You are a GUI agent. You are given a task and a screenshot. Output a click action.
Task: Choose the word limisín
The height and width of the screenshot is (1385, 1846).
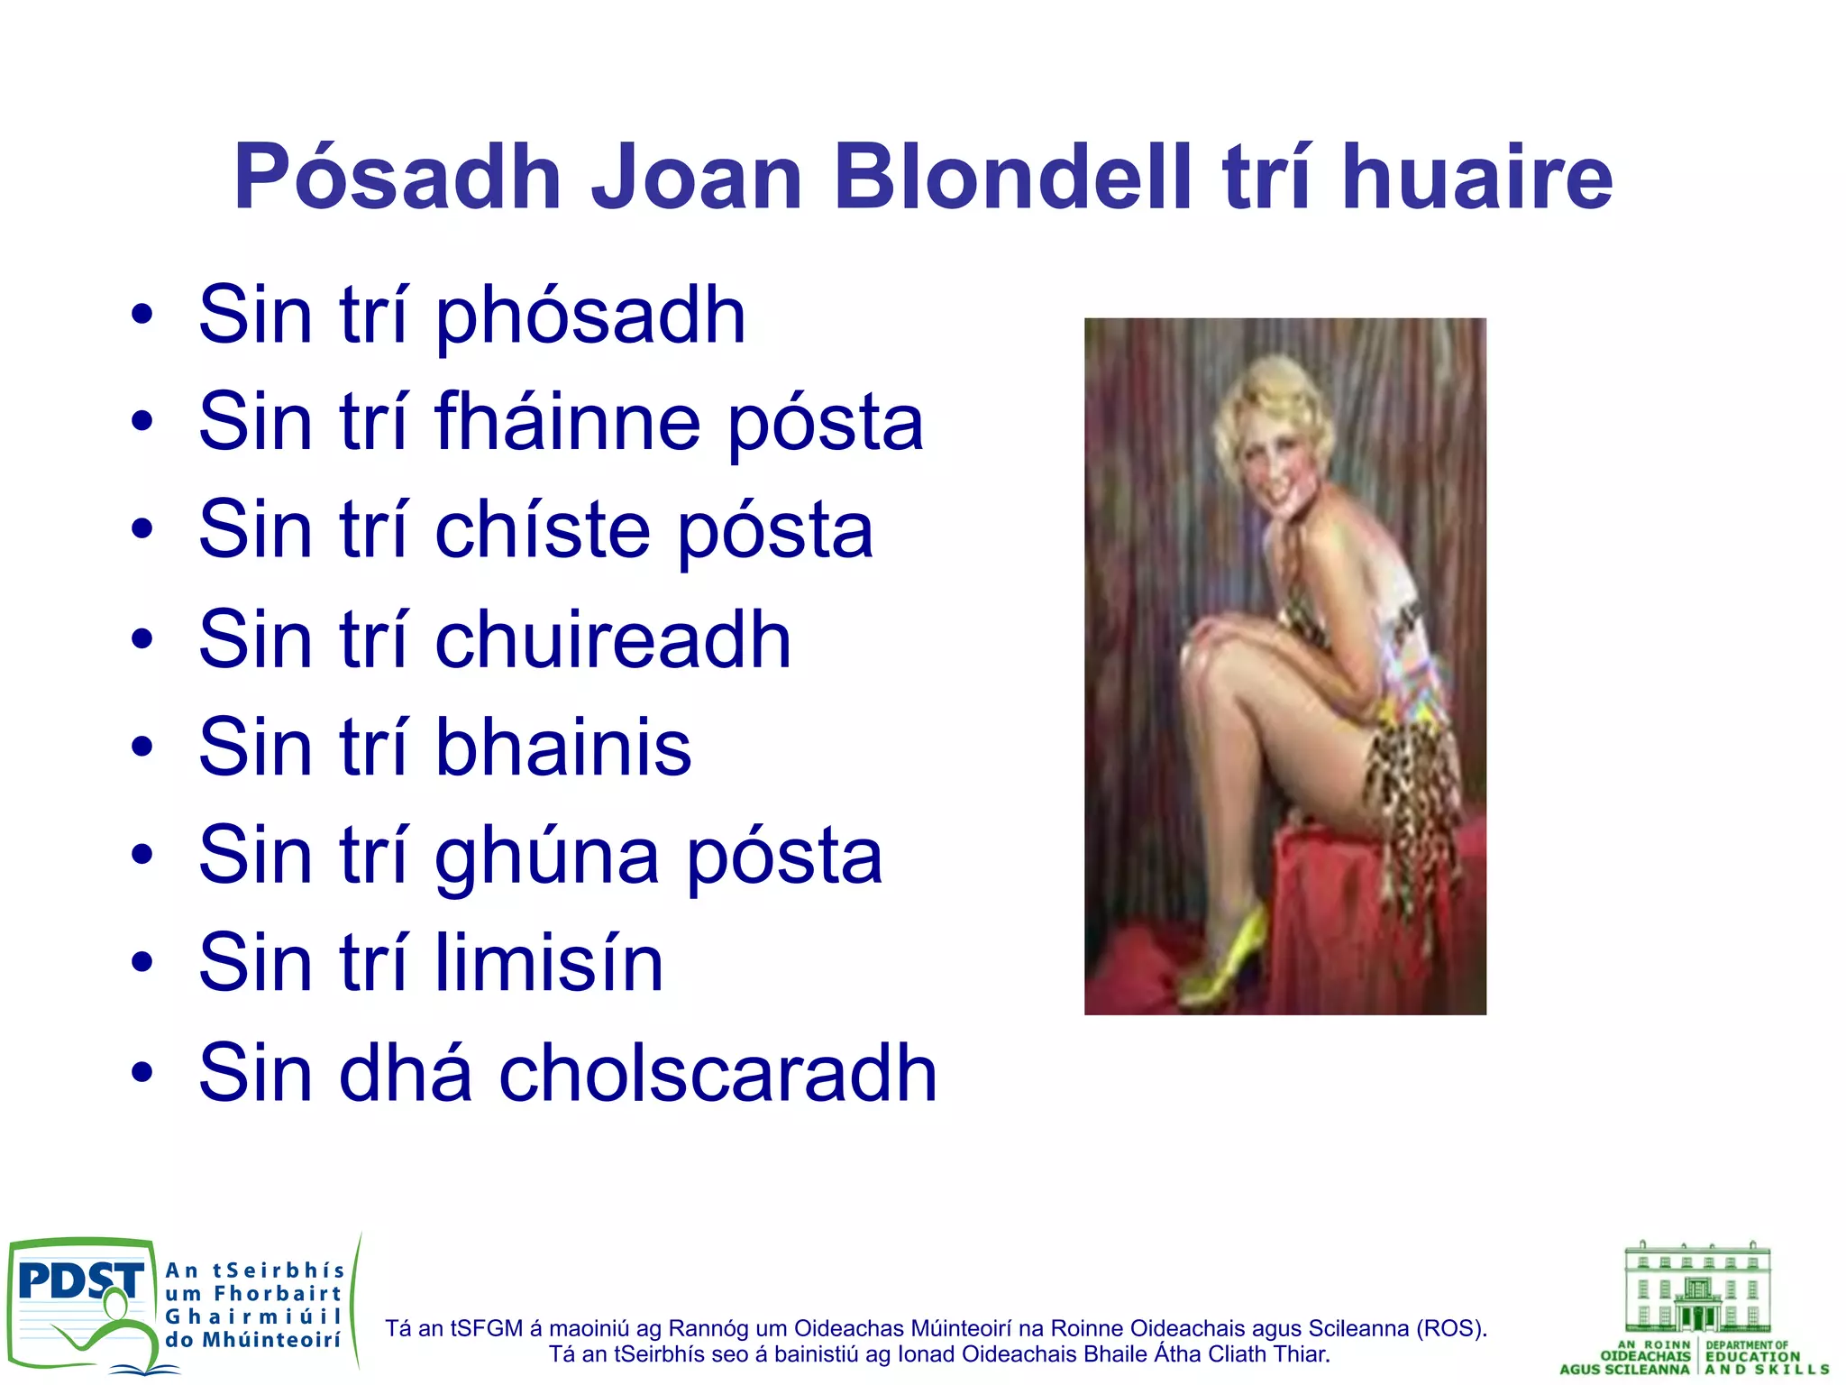point(549,963)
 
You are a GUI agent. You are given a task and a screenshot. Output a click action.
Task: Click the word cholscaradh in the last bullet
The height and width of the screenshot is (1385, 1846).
point(718,1072)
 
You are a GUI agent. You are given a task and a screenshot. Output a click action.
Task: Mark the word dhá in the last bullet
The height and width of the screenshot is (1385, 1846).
point(405,1072)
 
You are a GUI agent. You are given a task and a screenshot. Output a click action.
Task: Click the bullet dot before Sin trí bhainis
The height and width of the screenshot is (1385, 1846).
point(142,748)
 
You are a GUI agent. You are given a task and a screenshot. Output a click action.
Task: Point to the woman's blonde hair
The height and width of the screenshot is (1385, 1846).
point(1262,406)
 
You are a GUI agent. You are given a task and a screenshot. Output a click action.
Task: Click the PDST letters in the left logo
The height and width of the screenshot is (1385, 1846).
point(80,1280)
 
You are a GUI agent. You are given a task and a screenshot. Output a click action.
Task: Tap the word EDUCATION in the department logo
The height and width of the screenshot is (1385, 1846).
point(1752,1356)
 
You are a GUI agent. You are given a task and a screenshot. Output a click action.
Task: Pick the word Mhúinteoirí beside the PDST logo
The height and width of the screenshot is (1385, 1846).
point(271,1340)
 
